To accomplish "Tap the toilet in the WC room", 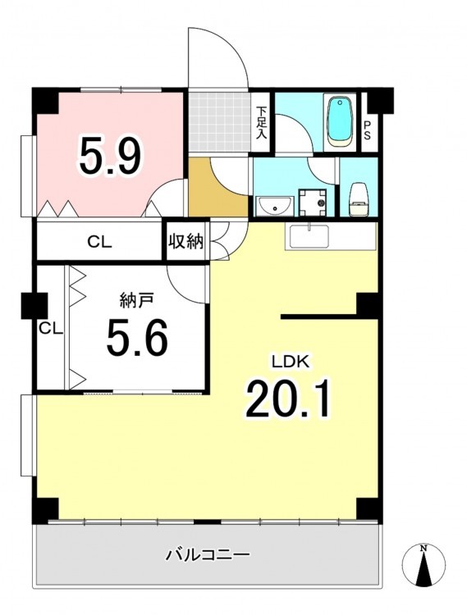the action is (358, 199).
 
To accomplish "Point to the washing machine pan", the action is (313, 203).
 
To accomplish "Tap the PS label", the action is (368, 130).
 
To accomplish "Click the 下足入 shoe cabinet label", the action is (261, 122).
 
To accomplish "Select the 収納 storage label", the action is (186, 242).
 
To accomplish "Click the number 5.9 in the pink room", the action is (110, 154).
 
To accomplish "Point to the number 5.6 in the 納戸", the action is (137, 336).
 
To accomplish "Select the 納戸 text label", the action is (136, 301).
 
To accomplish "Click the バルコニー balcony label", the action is (208, 554).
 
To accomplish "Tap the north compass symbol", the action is (424, 565).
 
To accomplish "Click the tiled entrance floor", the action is (218, 122).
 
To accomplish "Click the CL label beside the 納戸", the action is (51, 328).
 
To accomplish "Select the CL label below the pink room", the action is (99, 242).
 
